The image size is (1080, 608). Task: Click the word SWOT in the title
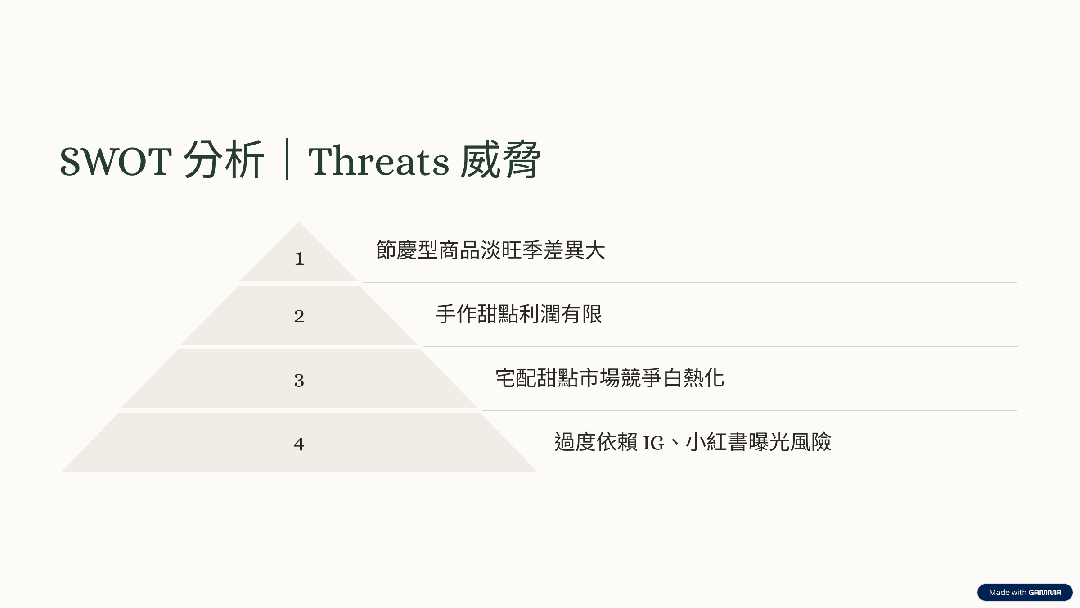[x=116, y=161]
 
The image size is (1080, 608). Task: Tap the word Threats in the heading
[x=378, y=161]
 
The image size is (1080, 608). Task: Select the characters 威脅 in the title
[x=500, y=159]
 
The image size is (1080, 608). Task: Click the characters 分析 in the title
[x=224, y=159]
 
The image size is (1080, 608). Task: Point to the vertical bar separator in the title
[x=287, y=159]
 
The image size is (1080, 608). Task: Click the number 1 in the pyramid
[x=300, y=259]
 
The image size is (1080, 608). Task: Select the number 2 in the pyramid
[x=299, y=316]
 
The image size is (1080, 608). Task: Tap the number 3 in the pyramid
[x=299, y=381]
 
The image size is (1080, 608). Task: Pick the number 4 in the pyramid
[x=299, y=445]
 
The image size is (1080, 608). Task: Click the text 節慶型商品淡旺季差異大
[x=490, y=250]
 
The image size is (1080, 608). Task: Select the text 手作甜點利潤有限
[x=519, y=314]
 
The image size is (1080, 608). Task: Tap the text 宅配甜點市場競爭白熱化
[x=610, y=378]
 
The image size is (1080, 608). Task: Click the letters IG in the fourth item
[x=653, y=443]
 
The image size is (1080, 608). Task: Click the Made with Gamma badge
[x=1025, y=592]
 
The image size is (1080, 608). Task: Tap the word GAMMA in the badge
[x=1045, y=592]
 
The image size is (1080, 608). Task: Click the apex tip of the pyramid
[x=299, y=222]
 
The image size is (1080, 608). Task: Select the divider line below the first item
[x=689, y=283]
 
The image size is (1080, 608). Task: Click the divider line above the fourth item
[x=749, y=411]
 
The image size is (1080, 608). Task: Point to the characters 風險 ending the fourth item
[x=811, y=442]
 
